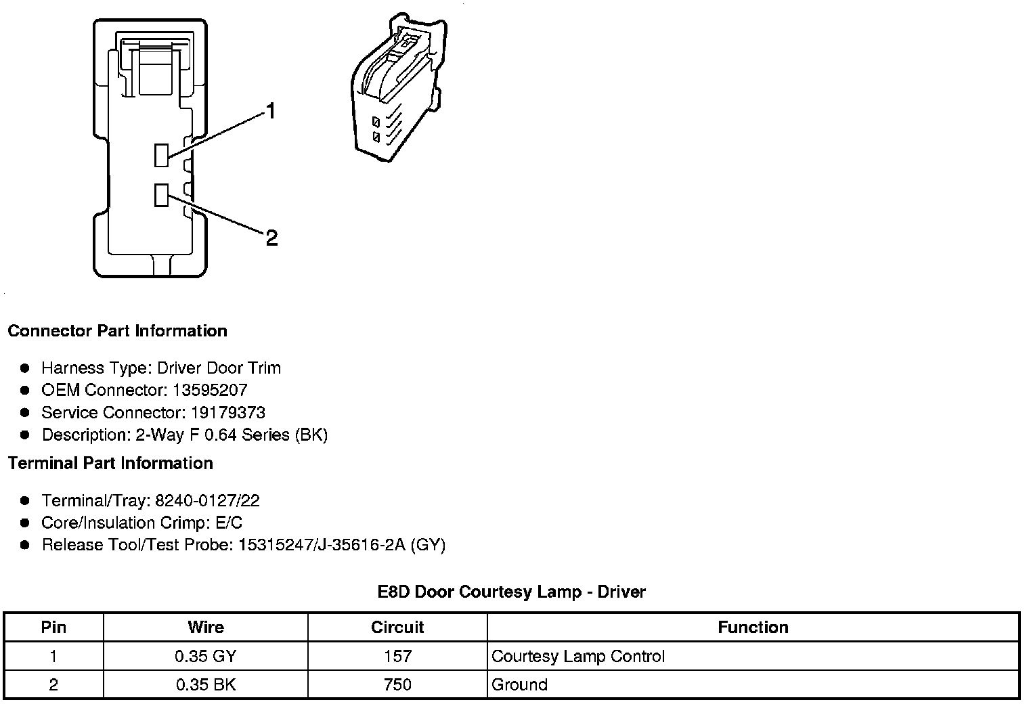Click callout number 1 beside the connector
click(271, 111)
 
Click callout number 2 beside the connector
click(271, 238)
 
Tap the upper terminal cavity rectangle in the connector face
click(161, 155)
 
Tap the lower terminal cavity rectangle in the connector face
click(161, 195)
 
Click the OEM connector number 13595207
click(210, 390)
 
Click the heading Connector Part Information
click(117, 331)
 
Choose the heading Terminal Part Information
click(110, 463)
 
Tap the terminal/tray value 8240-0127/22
click(207, 500)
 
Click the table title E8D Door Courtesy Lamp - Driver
click(512, 592)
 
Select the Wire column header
click(206, 627)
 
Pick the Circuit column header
click(397, 627)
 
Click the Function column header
click(753, 627)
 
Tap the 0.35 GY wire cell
click(206, 656)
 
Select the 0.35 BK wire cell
click(206, 684)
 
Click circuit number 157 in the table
click(397, 656)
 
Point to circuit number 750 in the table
click(397, 684)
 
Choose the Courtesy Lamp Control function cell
click(578, 656)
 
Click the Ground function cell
click(519, 684)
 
